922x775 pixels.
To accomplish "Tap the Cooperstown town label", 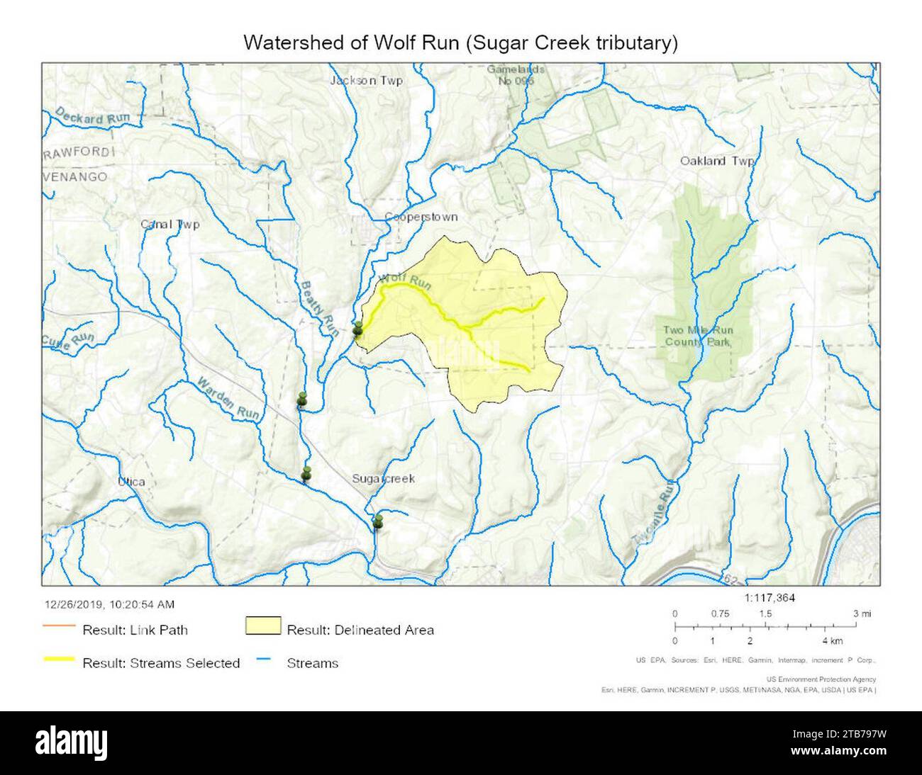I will coord(421,217).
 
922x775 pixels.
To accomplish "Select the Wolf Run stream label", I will coord(405,281).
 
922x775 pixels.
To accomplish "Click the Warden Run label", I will coord(229,397).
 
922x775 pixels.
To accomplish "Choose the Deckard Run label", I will coord(89,117).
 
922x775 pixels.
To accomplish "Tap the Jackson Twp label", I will coord(366,81).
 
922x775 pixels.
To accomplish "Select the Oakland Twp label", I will coord(716,162).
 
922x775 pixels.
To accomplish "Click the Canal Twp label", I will coord(170,225).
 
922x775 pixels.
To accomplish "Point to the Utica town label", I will coord(132,482).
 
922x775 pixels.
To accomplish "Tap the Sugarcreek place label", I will coord(383,479).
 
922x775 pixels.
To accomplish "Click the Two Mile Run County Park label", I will coord(698,336).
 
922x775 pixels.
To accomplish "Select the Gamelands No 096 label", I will coord(515,75).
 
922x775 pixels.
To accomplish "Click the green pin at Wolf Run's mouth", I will coord(358,329).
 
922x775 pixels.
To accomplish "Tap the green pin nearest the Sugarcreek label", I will coord(377,522).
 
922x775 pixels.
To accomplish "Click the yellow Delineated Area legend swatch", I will coord(262,626).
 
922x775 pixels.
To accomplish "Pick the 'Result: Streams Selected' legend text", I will coord(161,663).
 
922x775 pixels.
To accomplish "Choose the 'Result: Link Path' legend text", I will coord(135,629).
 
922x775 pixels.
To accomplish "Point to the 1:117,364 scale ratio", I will coord(770,598).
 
